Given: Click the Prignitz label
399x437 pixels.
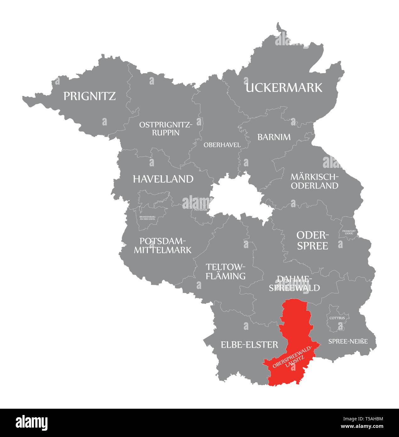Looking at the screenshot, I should click(x=90, y=96).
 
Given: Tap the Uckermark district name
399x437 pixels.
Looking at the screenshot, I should click(x=284, y=88).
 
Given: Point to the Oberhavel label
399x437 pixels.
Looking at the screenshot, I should click(x=222, y=145).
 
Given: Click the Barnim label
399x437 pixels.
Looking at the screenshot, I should click(x=274, y=137).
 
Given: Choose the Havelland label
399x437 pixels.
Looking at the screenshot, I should click(x=163, y=179).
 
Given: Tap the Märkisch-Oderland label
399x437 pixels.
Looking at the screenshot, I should click(x=314, y=181).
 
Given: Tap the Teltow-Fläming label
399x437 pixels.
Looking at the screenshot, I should click(x=225, y=271).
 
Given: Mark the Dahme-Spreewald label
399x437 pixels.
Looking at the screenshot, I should click(x=294, y=283).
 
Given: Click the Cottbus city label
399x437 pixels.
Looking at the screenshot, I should click(x=337, y=318).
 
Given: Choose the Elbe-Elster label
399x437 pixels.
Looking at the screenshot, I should click(x=249, y=345).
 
